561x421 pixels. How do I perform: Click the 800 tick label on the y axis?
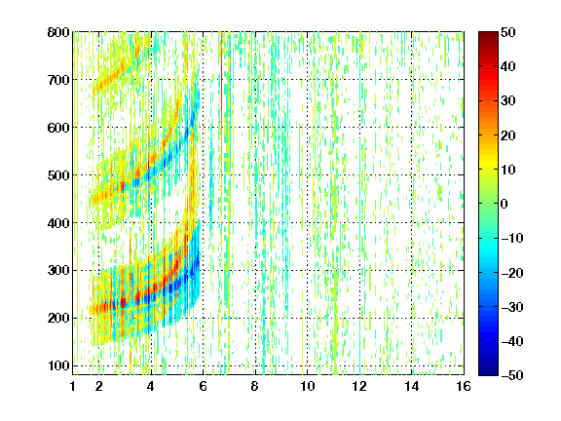tap(58, 32)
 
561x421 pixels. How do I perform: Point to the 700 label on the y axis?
tap(58, 80)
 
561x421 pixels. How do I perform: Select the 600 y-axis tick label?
tap(58, 128)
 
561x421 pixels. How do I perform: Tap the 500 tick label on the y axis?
tap(58, 175)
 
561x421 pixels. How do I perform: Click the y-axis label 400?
tap(58, 222)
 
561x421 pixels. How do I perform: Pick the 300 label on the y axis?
tap(58, 270)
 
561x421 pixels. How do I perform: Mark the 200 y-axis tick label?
tap(58, 318)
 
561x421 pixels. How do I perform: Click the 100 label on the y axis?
tap(58, 365)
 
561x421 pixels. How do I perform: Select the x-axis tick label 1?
tap(73, 386)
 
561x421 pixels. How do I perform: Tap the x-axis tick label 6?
tap(204, 386)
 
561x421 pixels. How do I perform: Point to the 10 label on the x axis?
tap(308, 386)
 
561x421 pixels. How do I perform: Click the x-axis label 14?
tap(412, 386)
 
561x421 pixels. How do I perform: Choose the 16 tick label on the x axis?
tap(464, 386)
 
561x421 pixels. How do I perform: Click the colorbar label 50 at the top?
tap(507, 32)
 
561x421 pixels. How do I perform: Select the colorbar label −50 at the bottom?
tap(512, 375)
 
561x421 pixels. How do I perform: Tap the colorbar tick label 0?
tap(505, 204)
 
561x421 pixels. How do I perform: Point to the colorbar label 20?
tap(507, 135)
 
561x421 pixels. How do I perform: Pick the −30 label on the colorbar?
tap(512, 307)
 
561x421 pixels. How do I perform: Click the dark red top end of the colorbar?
tap(488, 35)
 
